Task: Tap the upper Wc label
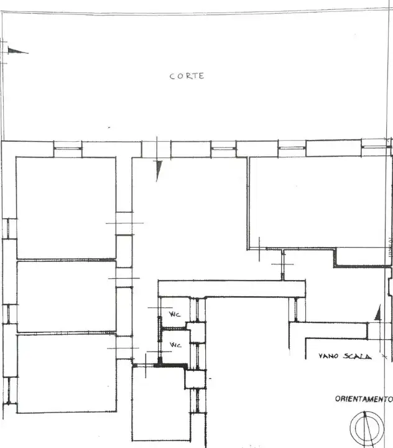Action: pyautogui.click(x=176, y=315)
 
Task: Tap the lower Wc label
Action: pyautogui.click(x=176, y=345)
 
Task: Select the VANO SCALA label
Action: pyautogui.click(x=344, y=357)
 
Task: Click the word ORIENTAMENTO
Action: pyautogui.click(x=364, y=399)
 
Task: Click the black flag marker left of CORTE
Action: pyautogui.click(x=18, y=51)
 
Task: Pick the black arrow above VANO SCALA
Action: pyautogui.click(x=377, y=312)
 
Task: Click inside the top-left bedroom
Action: pyautogui.click(x=65, y=207)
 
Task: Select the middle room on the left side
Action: pyautogui.click(x=66, y=296)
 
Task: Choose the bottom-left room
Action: pyautogui.click(x=66, y=373)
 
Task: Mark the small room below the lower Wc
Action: pyautogui.click(x=158, y=404)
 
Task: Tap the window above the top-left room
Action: pyautogui.click(x=68, y=146)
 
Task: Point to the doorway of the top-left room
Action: pyautogui.click(x=124, y=224)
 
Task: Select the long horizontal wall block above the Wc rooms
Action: pyautogui.click(x=231, y=288)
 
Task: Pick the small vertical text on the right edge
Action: pyautogui.click(x=390, y=247)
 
